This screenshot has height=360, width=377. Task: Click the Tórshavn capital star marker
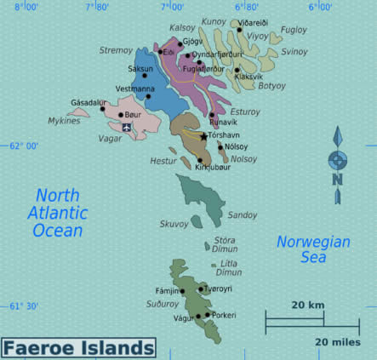(x=203, y=136)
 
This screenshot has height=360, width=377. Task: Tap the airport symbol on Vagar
(x=127, y=128)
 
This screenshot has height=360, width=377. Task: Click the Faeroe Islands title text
(x=78, y=348)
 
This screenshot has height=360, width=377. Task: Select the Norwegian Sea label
(x=313, y=249)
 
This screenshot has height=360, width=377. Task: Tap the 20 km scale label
(x=306, y=305)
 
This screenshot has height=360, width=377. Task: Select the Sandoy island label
(x=242, y=215)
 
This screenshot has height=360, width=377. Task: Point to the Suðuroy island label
(x=163, y=303)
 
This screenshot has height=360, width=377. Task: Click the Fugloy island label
(x=294, y=30)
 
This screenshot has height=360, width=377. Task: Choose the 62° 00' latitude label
(x=24, y=146)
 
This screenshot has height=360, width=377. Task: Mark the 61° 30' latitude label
(x=24, y=306)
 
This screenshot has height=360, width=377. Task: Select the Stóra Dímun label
(x=226, y=245)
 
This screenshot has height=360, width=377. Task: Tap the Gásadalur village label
(x=89, y=102)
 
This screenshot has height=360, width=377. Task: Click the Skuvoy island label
(x=174, y=224)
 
